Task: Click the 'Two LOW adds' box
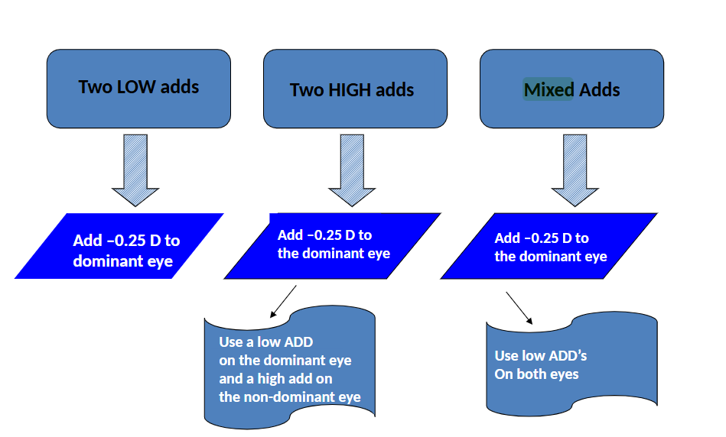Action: [x=138, y=88]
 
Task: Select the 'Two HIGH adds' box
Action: [x=355, y=89]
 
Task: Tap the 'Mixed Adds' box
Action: [x=571, y=89]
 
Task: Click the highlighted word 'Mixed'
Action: [x=549, y=90]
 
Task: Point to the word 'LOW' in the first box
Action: [x=135, y=86]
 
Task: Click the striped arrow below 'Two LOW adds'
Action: [x=135, y=170]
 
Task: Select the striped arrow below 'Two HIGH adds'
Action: [x=353, y=170]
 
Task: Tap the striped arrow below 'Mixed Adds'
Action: [x=575, y=170]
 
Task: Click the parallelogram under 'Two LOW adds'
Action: [x=119, y=246]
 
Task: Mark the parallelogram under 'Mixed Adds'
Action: [x=549, y=246]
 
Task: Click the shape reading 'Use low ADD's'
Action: [x=571, y=363]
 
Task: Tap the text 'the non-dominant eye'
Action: [x=289, y=397]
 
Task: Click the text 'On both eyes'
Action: [x=536, y=374]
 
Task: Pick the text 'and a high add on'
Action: [x=275, y=378]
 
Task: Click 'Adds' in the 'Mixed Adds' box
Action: [x=599, y=90]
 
